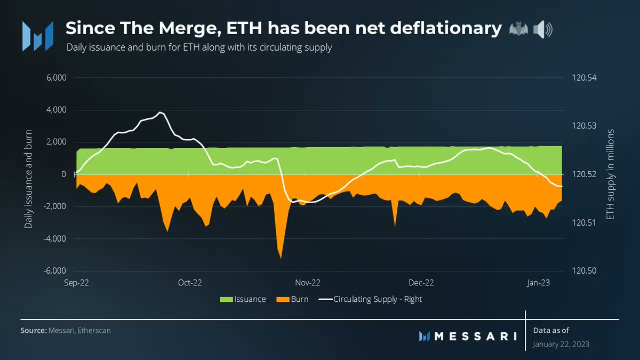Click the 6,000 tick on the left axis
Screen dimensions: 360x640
click(x=57, y=78)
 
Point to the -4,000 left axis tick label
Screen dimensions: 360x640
click(x=55, y=238)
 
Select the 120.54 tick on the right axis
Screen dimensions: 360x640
click(x=585, y=78)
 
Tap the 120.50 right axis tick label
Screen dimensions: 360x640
click(x=585, y=271)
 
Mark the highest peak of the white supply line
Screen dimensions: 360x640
click(x=160, y=112)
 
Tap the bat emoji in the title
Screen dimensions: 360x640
click(x=518, y=29)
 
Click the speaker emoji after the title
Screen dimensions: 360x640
click(x=543, y=29)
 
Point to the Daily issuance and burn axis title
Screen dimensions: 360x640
click(x=29, y=179)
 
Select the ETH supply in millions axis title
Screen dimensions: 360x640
click(x=611, y=174)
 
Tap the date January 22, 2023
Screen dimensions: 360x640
click(x=561, y=345)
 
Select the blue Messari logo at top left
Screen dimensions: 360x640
click(x=37, y=36)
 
